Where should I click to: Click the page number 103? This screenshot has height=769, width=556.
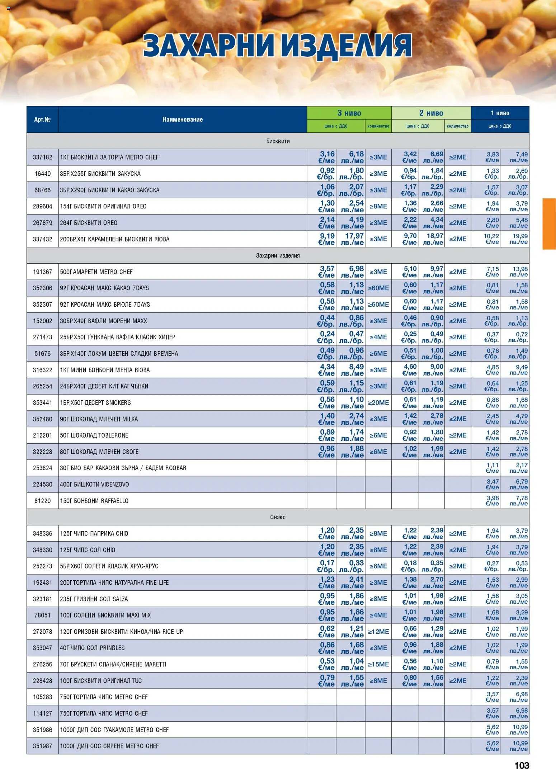click(521, 763)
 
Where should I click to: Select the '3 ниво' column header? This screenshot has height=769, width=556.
click(349, 113)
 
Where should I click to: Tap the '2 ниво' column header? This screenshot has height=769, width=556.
click(431, 113)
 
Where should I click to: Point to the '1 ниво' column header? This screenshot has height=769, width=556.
click(500, 113)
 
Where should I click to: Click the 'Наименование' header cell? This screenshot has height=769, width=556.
click(182, 119)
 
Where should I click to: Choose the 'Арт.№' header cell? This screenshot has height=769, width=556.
click(42, 119)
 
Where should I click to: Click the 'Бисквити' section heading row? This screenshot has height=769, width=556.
click(278, 141)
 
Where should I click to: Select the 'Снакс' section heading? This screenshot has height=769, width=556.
click(278, 517)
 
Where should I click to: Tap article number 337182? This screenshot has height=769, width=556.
click(42, 157)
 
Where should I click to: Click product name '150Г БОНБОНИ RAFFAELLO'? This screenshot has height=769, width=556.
click(94, 501)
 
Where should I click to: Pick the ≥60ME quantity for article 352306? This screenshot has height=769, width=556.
click(378, 288)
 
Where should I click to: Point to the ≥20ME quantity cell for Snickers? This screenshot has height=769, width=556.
click(378, 402)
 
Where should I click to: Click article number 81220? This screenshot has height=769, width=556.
click(42, 501)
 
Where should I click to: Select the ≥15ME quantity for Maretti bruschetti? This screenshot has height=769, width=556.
click(378, 664)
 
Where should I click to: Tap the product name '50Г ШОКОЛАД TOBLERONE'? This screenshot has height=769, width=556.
click(94, 435)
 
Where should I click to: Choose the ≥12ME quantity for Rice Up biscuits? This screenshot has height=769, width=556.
click(378, 632)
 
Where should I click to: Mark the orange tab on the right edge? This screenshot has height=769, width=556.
click(549, 223)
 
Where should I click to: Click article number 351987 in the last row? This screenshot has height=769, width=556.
click(42, 746)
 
